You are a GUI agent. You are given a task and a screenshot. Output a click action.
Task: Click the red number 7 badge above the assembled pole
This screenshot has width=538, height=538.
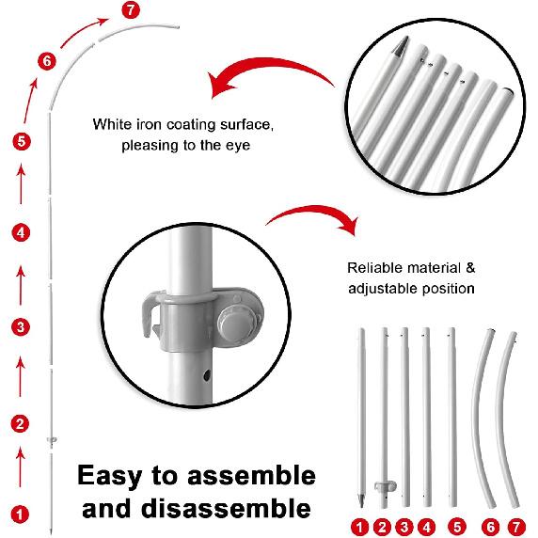click(x=131, y=10)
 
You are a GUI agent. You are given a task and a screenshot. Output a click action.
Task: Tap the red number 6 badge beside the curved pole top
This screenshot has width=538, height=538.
click(x=47, y=61)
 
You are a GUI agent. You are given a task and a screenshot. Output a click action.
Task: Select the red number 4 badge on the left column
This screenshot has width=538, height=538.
click(x=22, y=233)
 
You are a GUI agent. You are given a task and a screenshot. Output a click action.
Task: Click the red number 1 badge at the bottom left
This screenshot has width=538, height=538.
click(x=20, y=514)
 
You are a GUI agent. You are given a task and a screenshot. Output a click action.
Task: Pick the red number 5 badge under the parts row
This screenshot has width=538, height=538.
click(x=457, y=527)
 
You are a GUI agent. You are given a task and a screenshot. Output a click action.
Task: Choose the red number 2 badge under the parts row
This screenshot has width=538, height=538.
click(x=383, y=527)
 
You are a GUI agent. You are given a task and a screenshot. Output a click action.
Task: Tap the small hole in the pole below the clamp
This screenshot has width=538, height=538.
click(x=207, y=375)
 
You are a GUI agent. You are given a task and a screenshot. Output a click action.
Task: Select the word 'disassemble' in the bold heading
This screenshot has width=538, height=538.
click(x=226, y=508)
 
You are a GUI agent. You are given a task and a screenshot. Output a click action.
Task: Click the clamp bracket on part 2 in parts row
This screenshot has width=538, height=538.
click(x=385, y=487)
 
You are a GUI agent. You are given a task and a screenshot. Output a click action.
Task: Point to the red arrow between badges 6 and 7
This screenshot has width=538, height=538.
click(x=83, y=32)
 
